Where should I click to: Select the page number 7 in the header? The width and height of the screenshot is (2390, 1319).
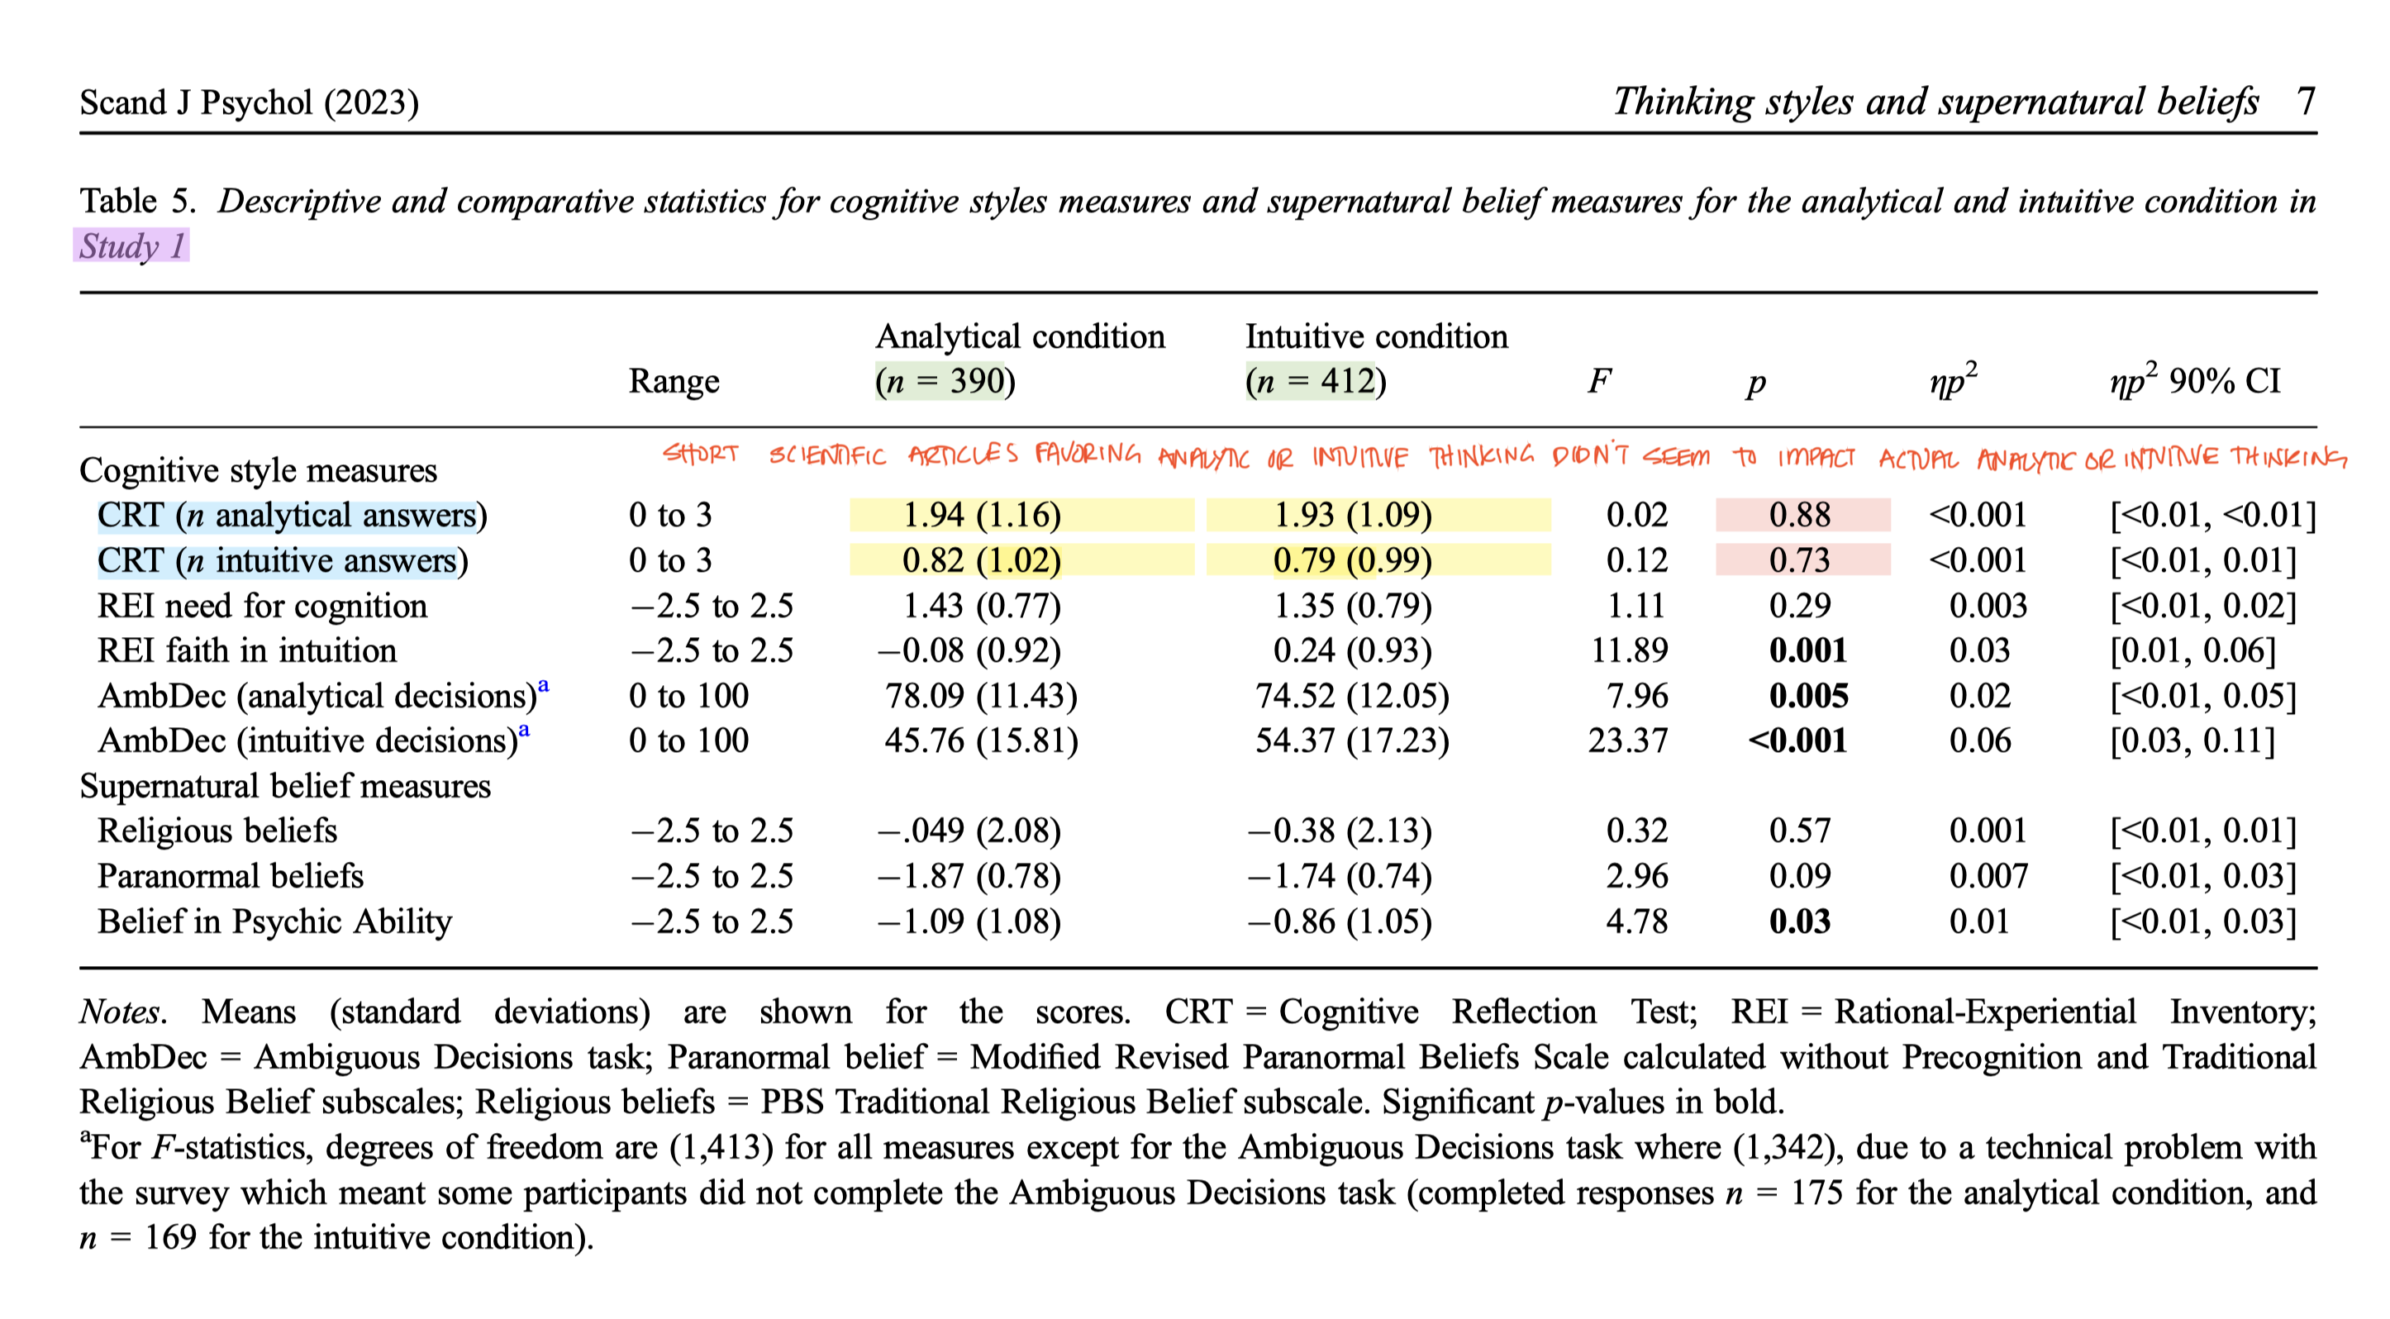pos(2306,100)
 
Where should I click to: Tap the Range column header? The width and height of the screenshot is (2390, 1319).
pos(674,381)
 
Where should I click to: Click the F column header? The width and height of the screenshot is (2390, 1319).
pos(1598,381)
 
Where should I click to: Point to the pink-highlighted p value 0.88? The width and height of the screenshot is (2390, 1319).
pos(1800,515)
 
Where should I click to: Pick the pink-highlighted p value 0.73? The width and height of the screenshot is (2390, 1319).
pos(1800,560)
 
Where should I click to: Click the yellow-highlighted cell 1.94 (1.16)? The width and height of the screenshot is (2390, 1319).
pos(982,515)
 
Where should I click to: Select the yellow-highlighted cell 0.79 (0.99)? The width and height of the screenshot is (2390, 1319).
pos(1353,560)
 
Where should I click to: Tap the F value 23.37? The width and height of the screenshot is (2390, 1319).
pos(1627,740)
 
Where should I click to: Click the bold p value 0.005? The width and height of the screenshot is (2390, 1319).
pos(1808,696)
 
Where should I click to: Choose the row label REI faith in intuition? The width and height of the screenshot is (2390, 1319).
pos(247,650)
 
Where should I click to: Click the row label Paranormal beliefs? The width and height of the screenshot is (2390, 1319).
pos(230,876)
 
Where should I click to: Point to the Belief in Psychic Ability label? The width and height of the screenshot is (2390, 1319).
pos(274,921)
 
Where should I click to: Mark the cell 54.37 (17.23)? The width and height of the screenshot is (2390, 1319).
pos(1352,740)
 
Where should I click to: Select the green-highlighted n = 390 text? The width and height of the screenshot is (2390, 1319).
pos(940,381)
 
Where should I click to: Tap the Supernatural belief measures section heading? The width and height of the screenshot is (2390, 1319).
pos(285,786)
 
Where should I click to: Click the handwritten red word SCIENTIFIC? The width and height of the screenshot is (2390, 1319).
pos(826,455)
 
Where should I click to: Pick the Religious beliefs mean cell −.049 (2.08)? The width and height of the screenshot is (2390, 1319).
pos(969,831)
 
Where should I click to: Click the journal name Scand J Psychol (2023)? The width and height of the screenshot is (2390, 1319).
pos(249,102)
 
